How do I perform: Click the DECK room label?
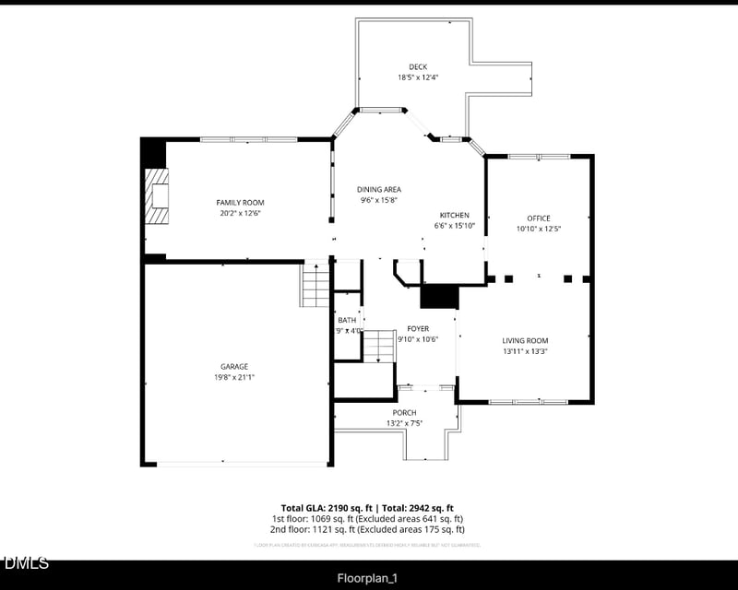coord(417,66)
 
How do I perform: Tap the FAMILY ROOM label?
coord(240,202)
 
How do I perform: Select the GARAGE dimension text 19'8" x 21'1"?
coord(233,377)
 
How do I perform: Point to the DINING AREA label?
coord(379,189)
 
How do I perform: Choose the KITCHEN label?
coord(454,215)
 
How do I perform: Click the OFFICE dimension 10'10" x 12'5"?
coord(538,229)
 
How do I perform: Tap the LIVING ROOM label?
coord(525,340)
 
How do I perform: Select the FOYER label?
coord(418,328)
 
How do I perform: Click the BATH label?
coord(347,320)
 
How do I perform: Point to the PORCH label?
coord(404,412)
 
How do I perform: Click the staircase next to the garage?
coord(315,285)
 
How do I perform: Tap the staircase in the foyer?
coord(378,346)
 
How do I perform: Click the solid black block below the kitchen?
coord(439,297)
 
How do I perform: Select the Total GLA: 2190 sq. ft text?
coord(327,508)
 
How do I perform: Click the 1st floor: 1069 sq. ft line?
coord(367,519)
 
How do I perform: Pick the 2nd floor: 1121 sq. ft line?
coord(367,530)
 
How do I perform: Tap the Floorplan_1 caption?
coord(367,578)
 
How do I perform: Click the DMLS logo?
coord(26,562)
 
